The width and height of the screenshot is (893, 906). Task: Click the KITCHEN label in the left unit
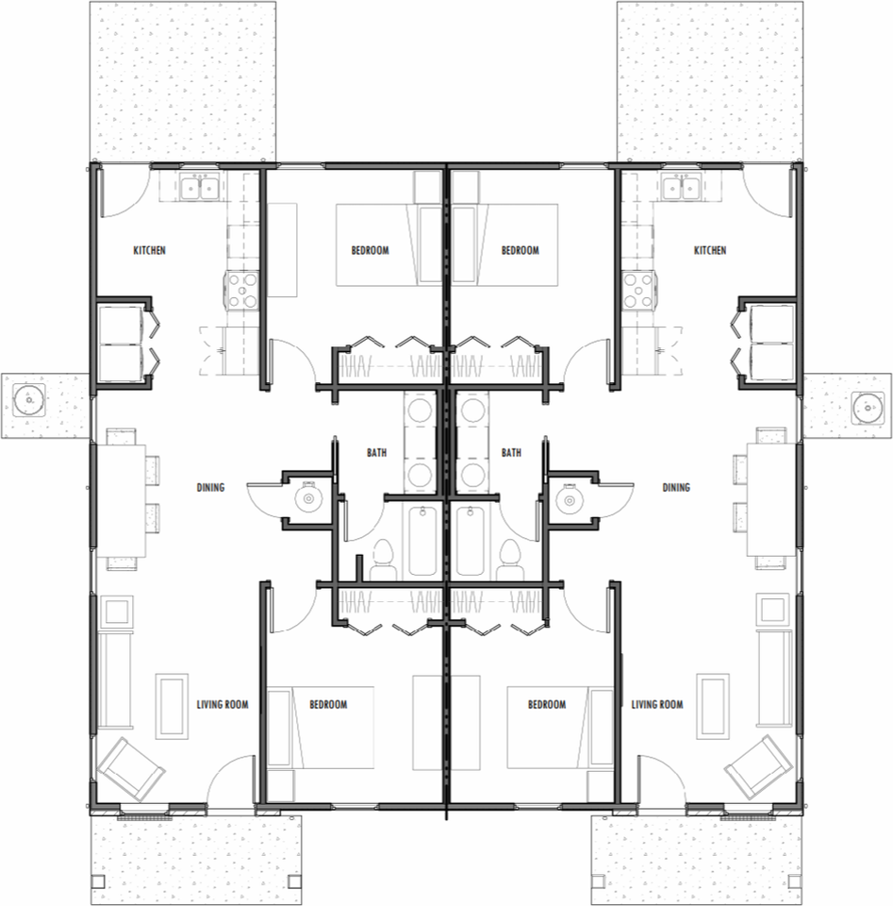150,250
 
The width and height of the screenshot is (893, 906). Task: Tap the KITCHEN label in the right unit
710,250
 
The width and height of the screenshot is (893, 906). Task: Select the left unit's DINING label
210,487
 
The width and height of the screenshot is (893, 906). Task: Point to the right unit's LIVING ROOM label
657,704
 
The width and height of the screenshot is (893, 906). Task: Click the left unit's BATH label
377,452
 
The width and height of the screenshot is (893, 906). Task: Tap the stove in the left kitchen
241,291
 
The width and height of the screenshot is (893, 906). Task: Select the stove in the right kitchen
639,291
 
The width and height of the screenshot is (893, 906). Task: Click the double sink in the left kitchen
199,187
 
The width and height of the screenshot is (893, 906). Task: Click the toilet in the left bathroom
383,560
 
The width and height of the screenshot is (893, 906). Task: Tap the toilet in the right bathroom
510,560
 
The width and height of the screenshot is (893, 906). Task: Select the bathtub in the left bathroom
423,541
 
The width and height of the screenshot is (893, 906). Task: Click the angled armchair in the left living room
131,766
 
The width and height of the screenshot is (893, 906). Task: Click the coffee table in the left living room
172,706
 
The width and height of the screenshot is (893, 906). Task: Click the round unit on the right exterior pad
868,407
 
